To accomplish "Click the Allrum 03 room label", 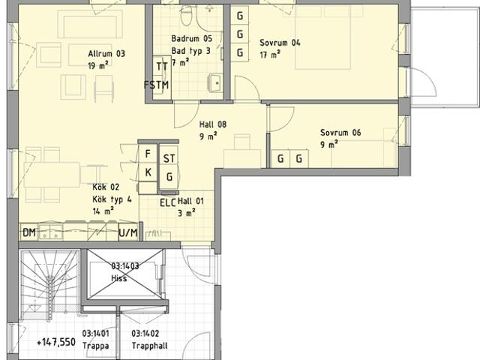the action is (106, 54).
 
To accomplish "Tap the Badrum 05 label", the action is (192, 38).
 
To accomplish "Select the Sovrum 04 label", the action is (280, 43).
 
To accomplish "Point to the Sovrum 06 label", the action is (340, 133).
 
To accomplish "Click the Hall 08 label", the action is (213, 124).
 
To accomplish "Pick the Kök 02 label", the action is (106, 187).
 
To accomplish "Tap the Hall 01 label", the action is (190, 202).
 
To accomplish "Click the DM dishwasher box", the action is (29, 232).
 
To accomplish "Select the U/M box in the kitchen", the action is (128, 233).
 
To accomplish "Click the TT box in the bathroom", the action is (162, 66).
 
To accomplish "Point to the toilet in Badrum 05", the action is (185, 16).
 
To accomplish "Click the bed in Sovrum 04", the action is (323, 37).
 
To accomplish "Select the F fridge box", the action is (148, 154).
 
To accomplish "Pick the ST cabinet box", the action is (169, 158).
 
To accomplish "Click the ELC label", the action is (168, 203).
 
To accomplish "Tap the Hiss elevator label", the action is (119, 278).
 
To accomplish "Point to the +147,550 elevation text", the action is (56, 342).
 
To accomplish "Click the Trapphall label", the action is (150, 346).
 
